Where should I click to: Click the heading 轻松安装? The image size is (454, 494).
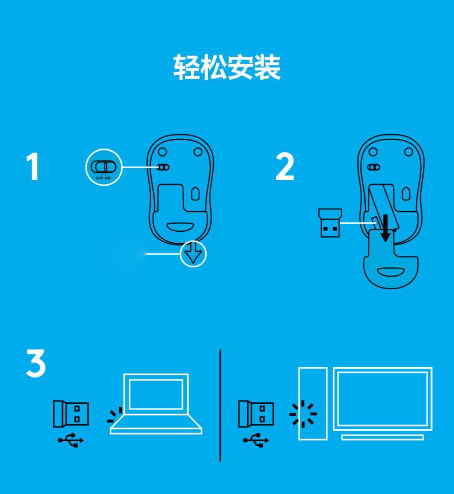pyautogui.click(x=227, y=68)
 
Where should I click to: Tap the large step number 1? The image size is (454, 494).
pyautogui.click(x=33, y=167)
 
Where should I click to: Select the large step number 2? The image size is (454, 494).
pyautogui.click(x=285, y=167)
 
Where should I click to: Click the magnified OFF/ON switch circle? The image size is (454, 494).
pyautogui.click(x=105, y=168)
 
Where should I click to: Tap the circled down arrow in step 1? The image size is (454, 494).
pyautogui.click(x=193, y=254)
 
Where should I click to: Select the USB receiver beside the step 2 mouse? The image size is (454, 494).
pyautogui.click(x=330, y=223)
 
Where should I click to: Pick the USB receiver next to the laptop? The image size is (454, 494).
pyautogui.click(x=71, y=413)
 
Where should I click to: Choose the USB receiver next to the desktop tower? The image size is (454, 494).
pyautogui.click(x=256, y=413)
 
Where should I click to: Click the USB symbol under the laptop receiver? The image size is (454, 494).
pyautogui.click(x=71, y=441)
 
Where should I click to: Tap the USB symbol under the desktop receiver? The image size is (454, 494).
pyautogui.click(x=256, y=441)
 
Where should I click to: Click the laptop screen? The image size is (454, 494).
pyautogui.click(x=156, y=394)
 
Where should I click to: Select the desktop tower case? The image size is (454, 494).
pyautogui.click(x=313, y=403)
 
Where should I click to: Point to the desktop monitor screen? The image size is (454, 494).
pyautogui.click(x=382, y=398)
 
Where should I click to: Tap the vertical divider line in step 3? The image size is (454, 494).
pyautogui.click(x=220, y=404)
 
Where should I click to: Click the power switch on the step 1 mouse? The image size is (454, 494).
pyautogui.click(x=163, y=168)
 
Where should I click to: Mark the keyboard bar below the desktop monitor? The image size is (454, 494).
pyautogui.click(x=382, y=437)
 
